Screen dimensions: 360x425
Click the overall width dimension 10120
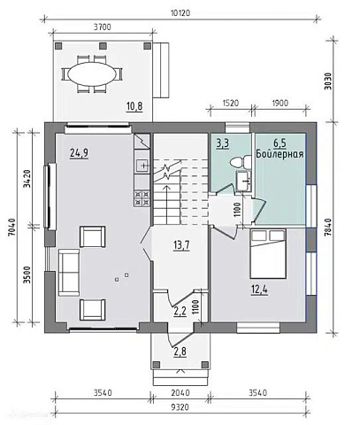point(180,13)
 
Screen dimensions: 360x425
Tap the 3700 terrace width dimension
point(103,27)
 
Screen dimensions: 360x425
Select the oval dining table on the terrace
point(92,74)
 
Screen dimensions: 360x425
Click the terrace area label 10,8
point(134,106)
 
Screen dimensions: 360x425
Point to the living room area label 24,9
point(80,153)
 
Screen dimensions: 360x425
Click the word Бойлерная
point(280,154)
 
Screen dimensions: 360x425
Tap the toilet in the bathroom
point(241,162)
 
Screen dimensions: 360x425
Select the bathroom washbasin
point(243,181)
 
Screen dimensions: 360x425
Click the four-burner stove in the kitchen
point(142,198)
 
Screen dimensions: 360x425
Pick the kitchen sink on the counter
point(142,166)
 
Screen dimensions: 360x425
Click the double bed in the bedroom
point(268,253)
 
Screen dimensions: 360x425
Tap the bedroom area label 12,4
point(259,290)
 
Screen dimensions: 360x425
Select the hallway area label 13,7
point(181,245)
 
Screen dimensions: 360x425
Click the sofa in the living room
point(69,272)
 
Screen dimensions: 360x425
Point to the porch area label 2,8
point(180,352)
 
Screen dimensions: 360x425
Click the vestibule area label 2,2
point(180,312)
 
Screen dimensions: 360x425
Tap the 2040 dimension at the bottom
point(180,393)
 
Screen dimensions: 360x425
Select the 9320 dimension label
point(180,407)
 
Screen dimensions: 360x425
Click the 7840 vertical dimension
point(328,228)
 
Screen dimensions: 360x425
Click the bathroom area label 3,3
point(223,144)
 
